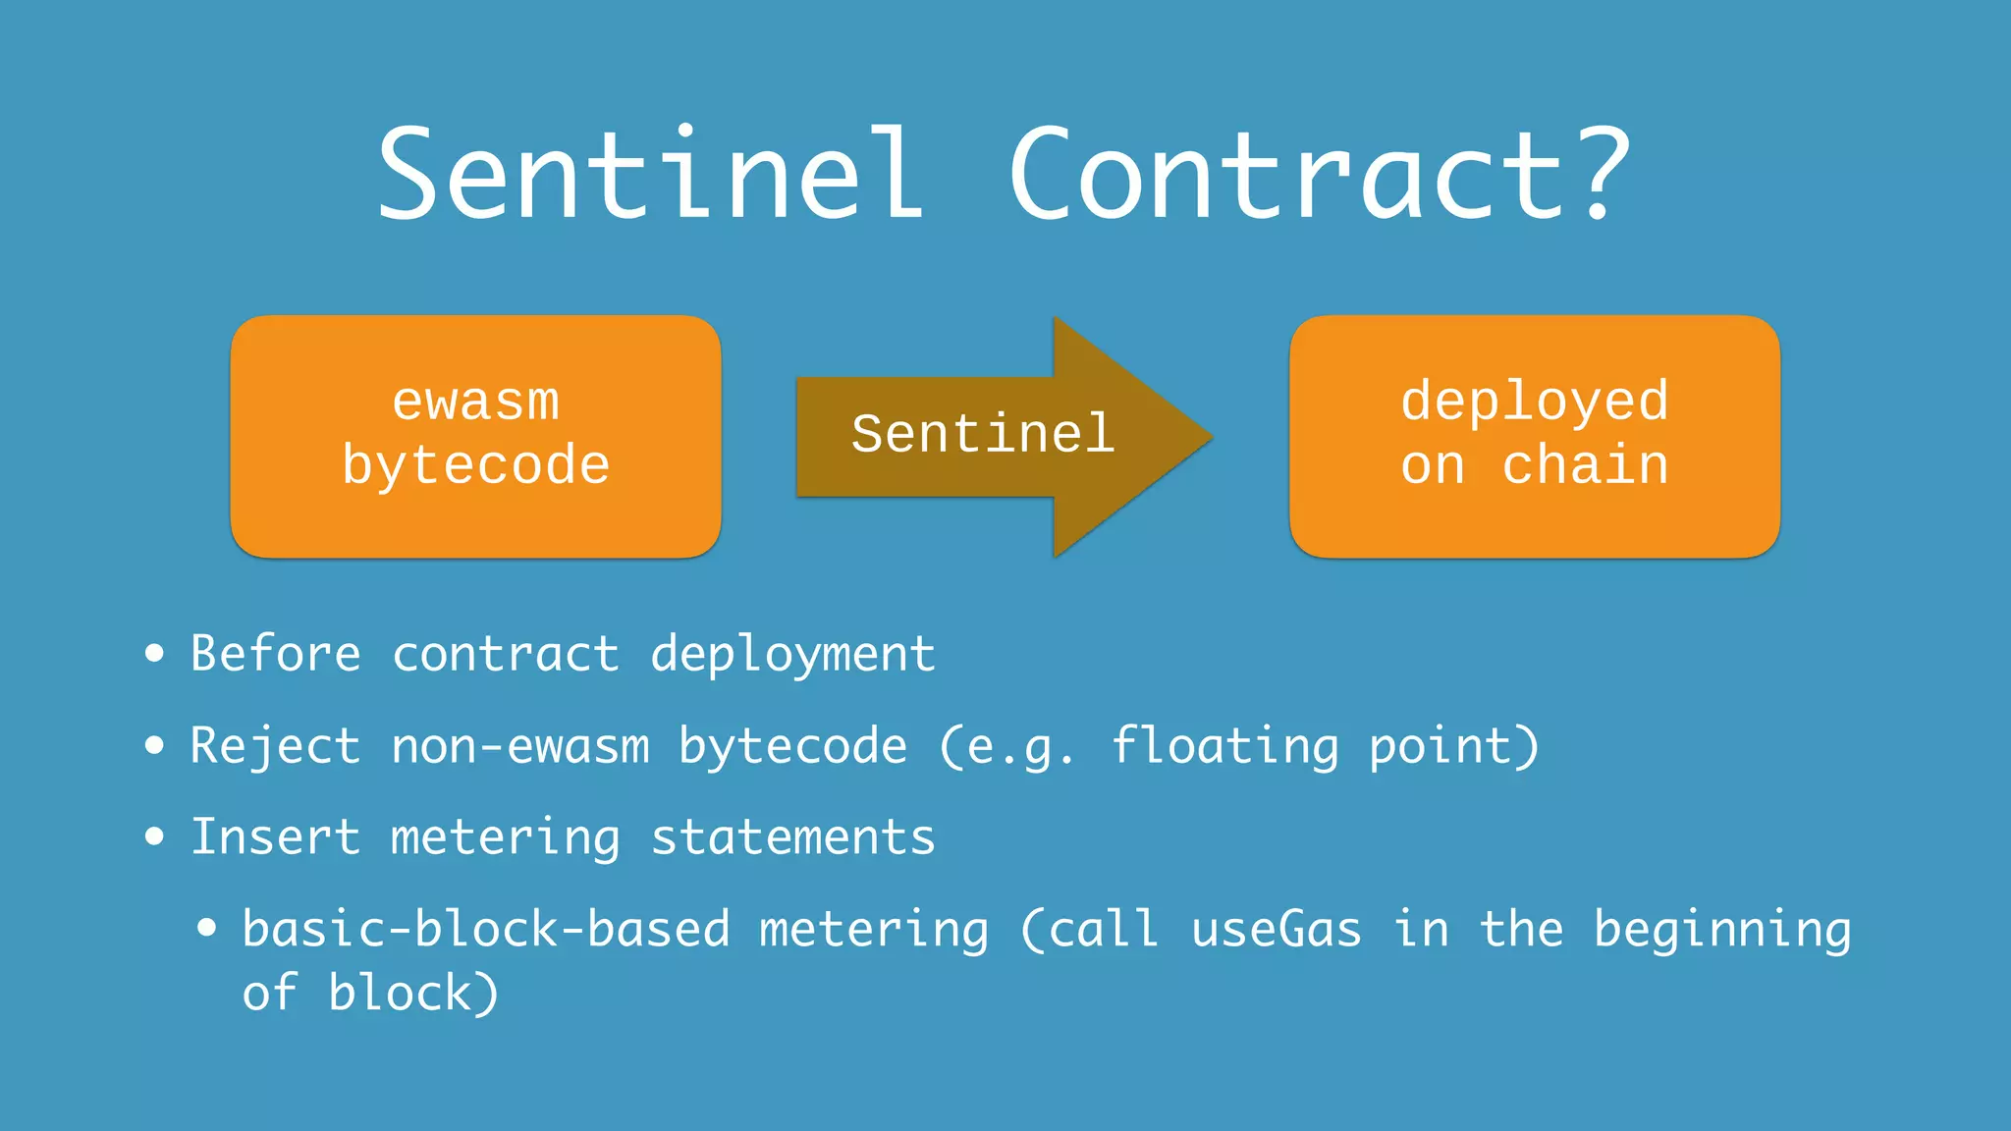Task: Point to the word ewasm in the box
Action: pos(475,402)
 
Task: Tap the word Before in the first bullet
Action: pos(276,654)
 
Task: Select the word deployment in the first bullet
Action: pos(792,656)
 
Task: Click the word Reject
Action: pos(275,746)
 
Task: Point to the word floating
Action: pos(1224,746)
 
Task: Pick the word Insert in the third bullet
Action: pos(275,837)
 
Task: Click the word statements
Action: pos(792,837)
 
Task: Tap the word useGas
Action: pos(1277,929)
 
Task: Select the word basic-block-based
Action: pos(486,929)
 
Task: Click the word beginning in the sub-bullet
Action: pos(1722,931)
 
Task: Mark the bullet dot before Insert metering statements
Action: pos(154,836)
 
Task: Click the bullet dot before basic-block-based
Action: pos(206,928)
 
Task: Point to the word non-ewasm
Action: pos(520,746)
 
